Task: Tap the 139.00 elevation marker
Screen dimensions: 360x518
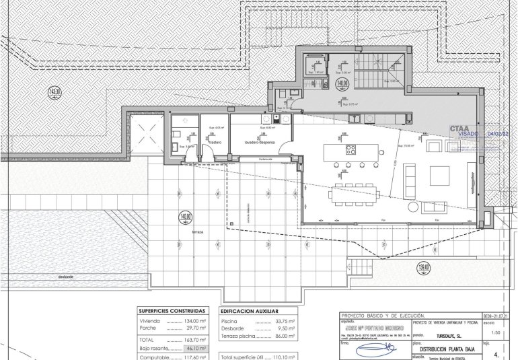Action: click(423, 266)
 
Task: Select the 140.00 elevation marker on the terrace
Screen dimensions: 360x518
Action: click(186, 217)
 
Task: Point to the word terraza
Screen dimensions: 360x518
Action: click(196, 231)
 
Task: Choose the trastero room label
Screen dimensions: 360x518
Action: click(215, 143)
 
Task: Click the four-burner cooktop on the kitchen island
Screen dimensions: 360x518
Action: click(350, 149)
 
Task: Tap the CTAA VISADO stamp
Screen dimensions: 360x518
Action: click(464, 130)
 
